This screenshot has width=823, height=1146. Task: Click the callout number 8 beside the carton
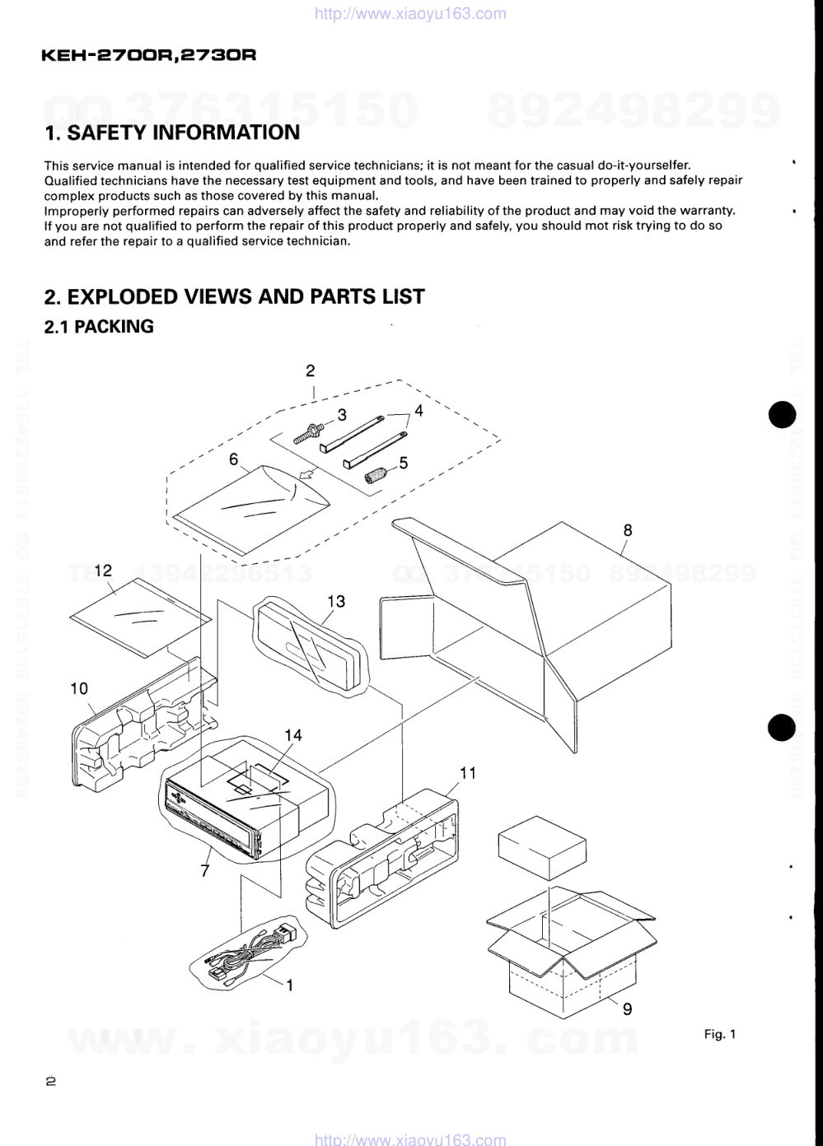628,530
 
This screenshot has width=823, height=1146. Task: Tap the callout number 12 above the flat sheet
103,571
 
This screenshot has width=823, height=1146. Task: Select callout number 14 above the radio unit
293,735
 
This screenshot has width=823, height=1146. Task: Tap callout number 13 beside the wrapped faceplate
336,601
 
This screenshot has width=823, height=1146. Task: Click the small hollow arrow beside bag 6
306,476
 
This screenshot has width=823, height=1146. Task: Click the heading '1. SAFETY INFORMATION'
172,133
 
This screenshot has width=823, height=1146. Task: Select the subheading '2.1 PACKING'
99,326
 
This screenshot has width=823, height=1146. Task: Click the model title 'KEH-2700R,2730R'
148,54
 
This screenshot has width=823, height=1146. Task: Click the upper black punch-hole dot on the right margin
782,414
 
